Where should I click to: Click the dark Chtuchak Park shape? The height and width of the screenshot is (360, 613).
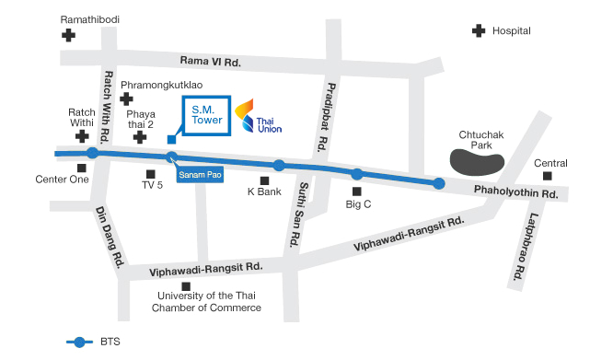click(x=476, y=163)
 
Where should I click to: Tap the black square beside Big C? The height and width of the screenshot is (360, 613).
click(x=356, y=192)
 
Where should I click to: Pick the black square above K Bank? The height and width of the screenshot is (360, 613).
click(x=265, y=181)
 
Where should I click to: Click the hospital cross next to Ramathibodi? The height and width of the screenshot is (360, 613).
click(x=68, y=35)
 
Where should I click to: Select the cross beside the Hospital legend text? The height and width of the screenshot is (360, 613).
click(x=478, y=30)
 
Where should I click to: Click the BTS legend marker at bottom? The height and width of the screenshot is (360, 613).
click(x=80, y=342)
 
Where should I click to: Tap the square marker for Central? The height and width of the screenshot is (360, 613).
click(x=547, y=175)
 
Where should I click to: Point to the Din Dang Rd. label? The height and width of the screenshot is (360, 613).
click(x=110, y=237)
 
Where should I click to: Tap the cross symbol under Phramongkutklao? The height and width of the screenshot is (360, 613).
click(x=126, y=98)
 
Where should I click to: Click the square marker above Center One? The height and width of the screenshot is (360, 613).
click(x=82, y=168)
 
